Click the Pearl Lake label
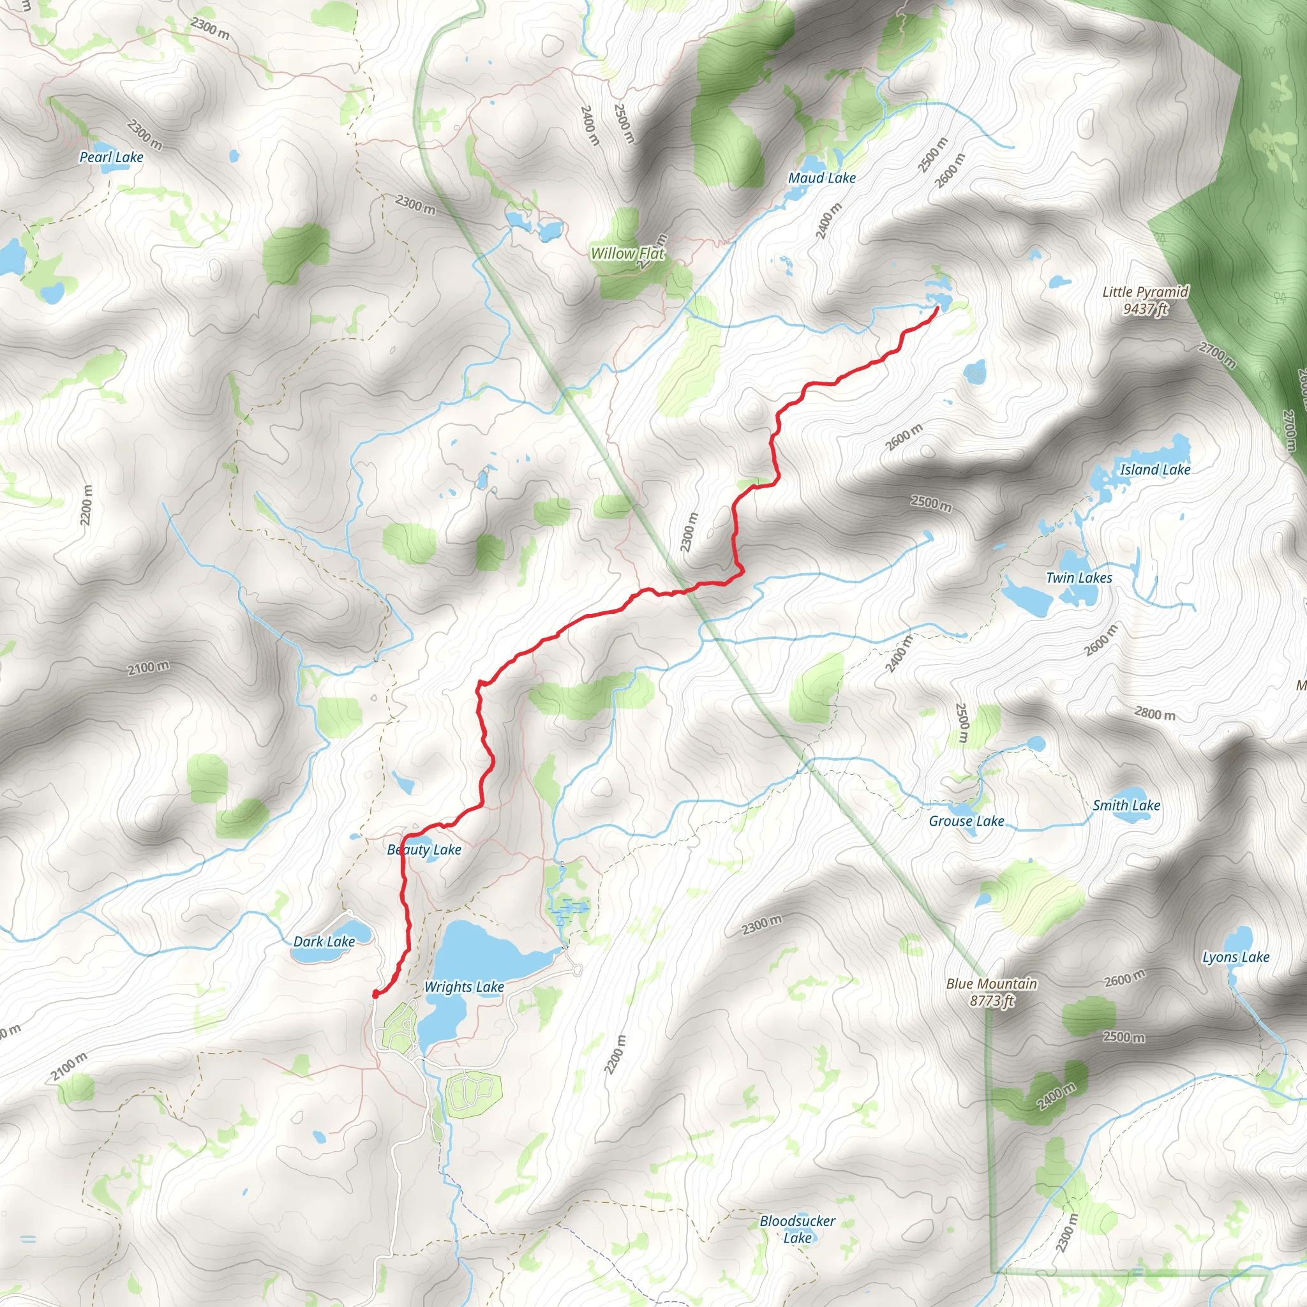(112, 158)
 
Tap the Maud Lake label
(822, 178)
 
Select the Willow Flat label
(628, 254)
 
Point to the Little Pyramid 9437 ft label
(1146, 301)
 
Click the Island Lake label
(1154, 470)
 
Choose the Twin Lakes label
(1079, 578)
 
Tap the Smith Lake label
(1126, 805)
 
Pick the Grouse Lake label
(966, 821)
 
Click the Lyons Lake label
(1236, 957)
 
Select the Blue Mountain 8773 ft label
(991, 992)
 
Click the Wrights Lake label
(464, 987)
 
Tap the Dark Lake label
(324, 942)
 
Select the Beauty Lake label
(424, 849)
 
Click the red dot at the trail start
(375, 994)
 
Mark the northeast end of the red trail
(937, 309)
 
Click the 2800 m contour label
(1154, 713)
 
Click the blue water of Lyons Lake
(1239, 941)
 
